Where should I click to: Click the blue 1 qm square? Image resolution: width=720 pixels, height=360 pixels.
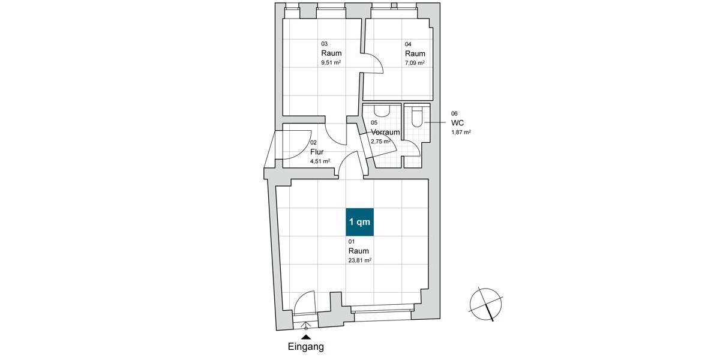point(359,222)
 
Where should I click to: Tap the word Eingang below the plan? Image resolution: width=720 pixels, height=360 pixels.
point(305,347)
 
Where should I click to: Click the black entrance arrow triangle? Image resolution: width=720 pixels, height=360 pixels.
point(306,337)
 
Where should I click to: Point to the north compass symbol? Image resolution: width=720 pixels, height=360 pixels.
point(486,303)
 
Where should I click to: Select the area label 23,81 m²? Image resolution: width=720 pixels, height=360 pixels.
point(360,260)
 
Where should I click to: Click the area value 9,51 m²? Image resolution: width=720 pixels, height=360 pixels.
point(331,62)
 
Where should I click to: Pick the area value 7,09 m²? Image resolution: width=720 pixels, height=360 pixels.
point(415,63)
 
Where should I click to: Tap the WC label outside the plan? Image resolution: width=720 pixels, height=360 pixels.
point(458,122)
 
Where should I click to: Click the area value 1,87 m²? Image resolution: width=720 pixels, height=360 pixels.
point(461,132)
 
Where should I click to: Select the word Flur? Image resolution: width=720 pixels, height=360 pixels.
point(317,152)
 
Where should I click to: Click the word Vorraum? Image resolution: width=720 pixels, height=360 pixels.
point(385,132)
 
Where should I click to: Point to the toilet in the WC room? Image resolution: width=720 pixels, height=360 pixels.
point(418,119)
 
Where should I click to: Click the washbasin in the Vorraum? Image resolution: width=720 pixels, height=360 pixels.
point(382,110)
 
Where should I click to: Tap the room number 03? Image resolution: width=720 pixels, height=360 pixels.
point(325,44)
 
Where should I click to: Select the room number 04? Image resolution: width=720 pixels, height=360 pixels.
point(408,44)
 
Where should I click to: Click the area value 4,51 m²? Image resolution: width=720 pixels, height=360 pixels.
point(320,161)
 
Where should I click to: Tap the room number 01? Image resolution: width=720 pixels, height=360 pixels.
point(352,241)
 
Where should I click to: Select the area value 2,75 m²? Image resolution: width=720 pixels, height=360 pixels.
point(380,142)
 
